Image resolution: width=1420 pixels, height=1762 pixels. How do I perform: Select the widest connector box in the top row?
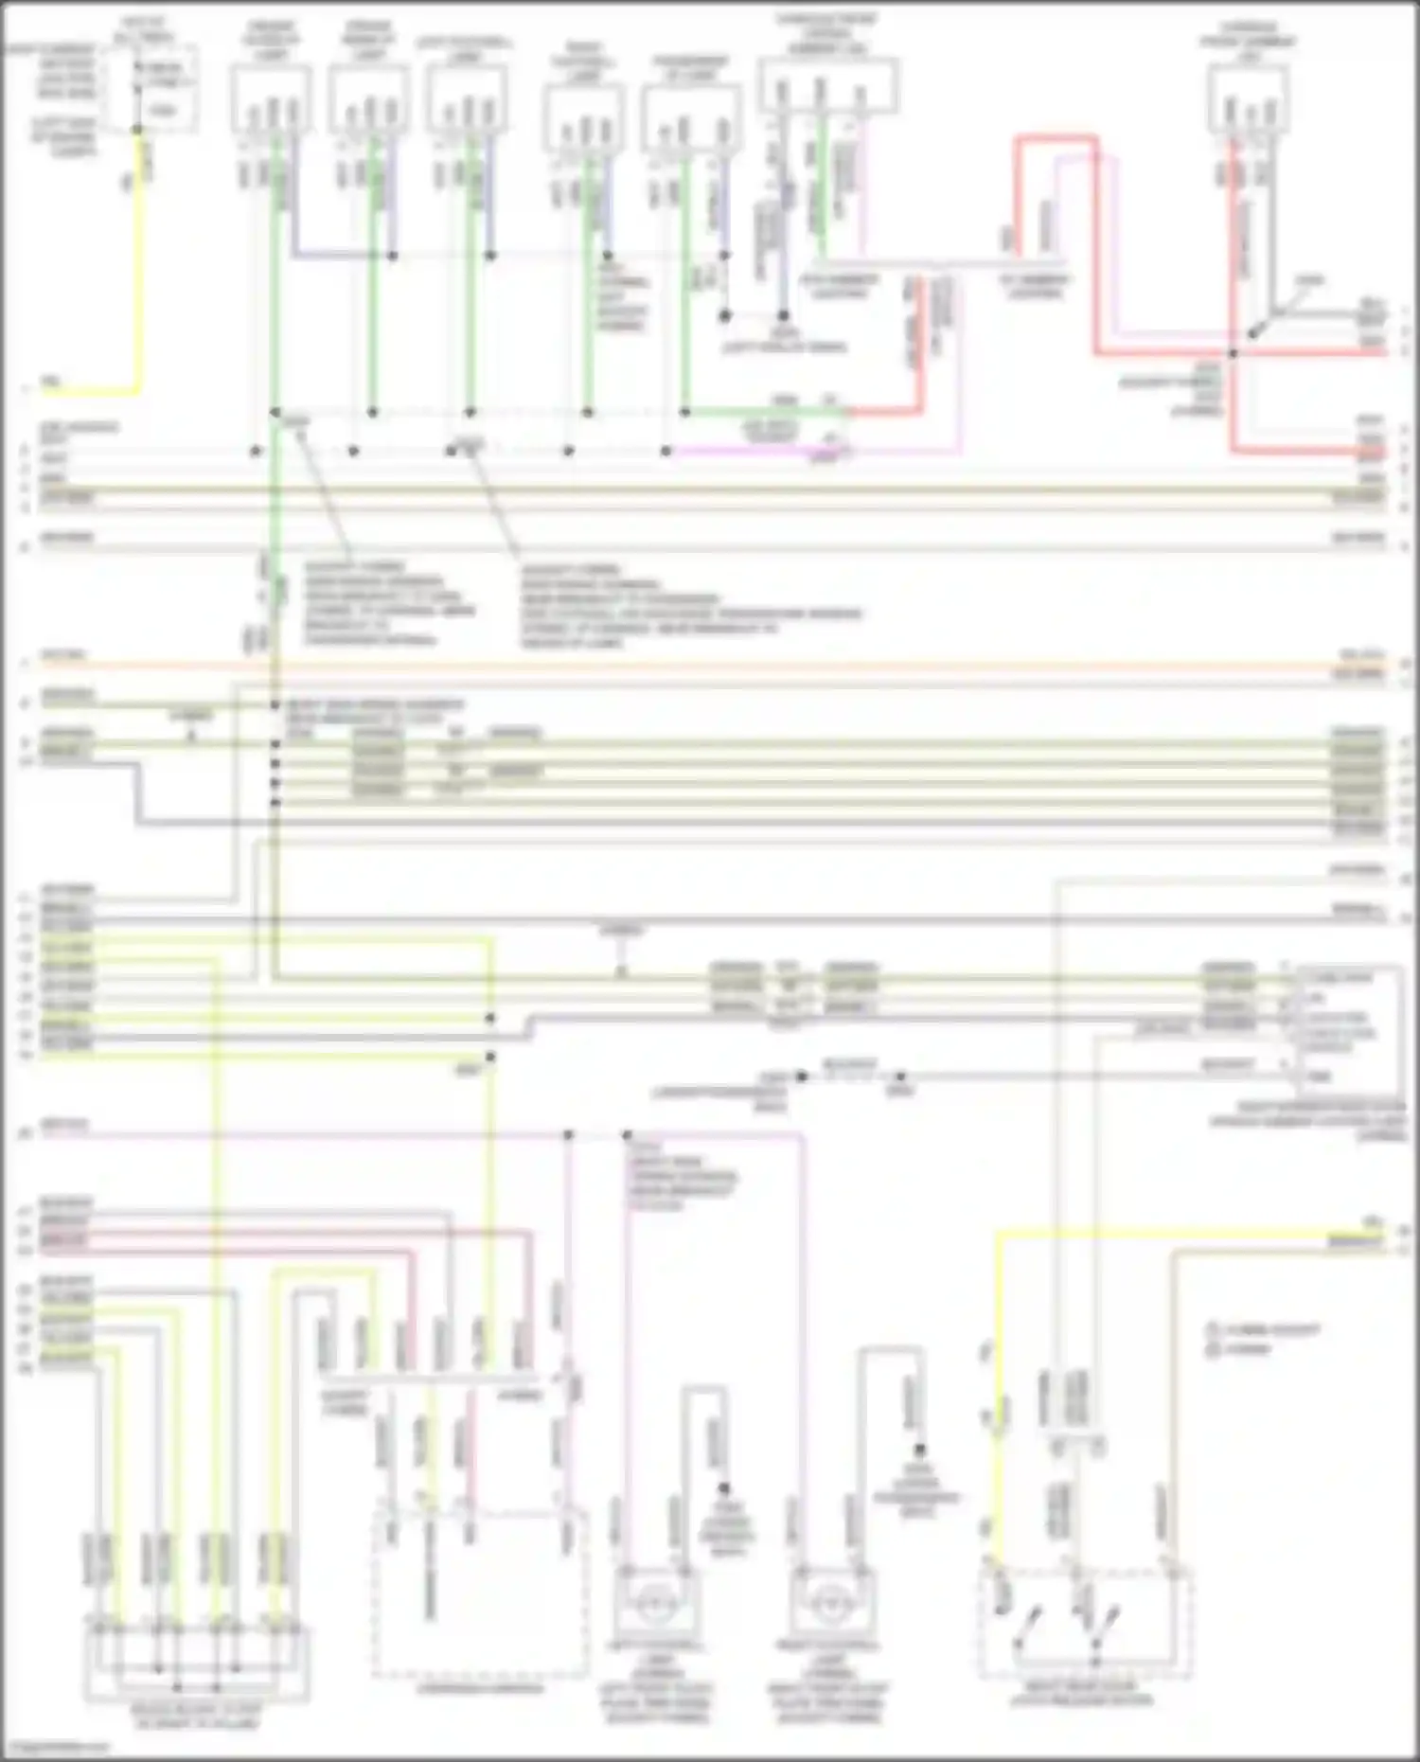827,85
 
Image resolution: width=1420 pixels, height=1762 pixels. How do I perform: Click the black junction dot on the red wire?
1233,354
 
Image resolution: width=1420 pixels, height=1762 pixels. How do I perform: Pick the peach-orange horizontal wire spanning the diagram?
710,666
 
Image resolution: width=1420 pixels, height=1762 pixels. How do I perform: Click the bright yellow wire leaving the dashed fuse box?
139,265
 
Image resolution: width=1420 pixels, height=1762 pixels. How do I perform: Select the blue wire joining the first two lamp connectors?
341,256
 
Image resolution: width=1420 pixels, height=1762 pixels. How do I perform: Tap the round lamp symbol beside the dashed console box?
652,1605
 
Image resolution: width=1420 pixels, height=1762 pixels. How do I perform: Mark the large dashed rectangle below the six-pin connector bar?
479,1591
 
